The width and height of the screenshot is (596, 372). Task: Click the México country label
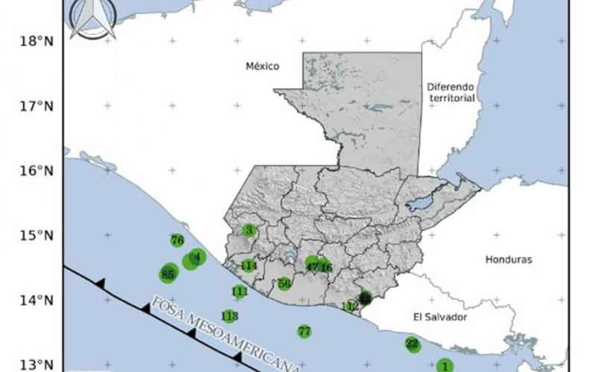click(x=262, y=67)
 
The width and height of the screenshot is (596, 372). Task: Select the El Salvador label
click(x=440, y=317)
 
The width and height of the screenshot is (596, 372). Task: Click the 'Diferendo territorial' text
click(x=451, y=92)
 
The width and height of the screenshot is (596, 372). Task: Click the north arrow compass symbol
click(x=93, y=19)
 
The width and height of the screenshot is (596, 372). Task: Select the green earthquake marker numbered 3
click(x=249, y=230)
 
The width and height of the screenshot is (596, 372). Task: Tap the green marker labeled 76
click(x=177, y=240)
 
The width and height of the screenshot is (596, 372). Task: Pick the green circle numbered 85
click(x=168, y=275)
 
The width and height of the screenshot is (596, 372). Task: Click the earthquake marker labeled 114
click(x=249, y=266)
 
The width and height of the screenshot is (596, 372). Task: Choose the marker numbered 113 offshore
click(x=229, y=316)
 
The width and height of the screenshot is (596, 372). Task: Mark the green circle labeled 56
click(x=284, y=283)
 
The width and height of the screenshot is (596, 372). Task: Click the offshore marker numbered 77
click(x=304, y=331)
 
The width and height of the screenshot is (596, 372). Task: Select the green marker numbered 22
click(x=412, y=344)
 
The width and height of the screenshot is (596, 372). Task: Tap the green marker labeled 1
click(x=445, y=365)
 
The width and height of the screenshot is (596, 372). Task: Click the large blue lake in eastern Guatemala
click(x=420, y=203)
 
